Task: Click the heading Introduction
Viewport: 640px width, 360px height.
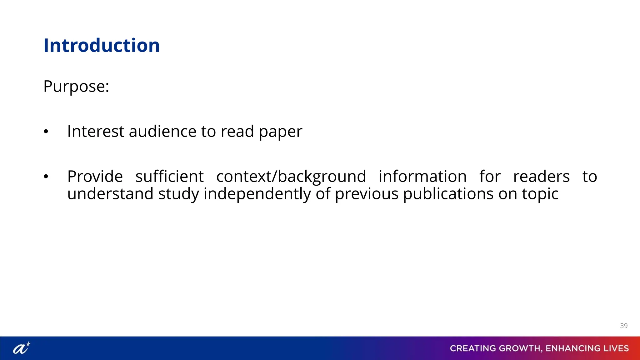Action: click(102, 46)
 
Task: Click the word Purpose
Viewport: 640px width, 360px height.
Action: click(76, 87)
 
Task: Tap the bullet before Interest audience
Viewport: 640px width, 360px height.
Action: click(46, 132)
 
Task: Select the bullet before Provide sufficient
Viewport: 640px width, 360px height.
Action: click(46, 177)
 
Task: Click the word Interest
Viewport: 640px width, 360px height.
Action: click(96, 132)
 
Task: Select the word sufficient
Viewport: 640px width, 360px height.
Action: click(169, 177)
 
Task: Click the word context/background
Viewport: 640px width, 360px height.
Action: click(291, 177)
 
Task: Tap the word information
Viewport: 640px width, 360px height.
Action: click(422, 177)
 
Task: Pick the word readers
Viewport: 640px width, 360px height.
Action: click(541, 177)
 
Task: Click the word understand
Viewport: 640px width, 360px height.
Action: click(110, 194)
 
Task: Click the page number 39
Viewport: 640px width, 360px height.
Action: click(623, 326)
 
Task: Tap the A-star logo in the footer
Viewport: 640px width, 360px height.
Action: click(21, 348)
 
